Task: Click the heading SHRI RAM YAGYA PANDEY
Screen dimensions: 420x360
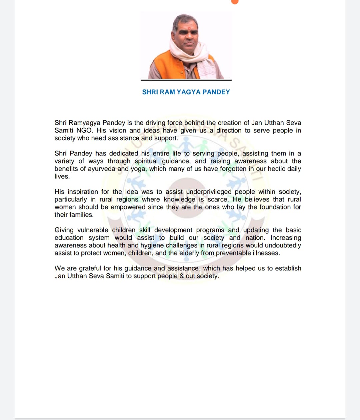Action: [x=186, y=92]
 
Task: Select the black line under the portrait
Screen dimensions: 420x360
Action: [x=186, y=80]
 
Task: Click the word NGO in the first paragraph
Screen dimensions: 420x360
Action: [x=84, y=131]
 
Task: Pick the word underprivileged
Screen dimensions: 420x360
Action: [x=209, y=192]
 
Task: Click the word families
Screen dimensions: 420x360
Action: [x=82, y=215]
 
